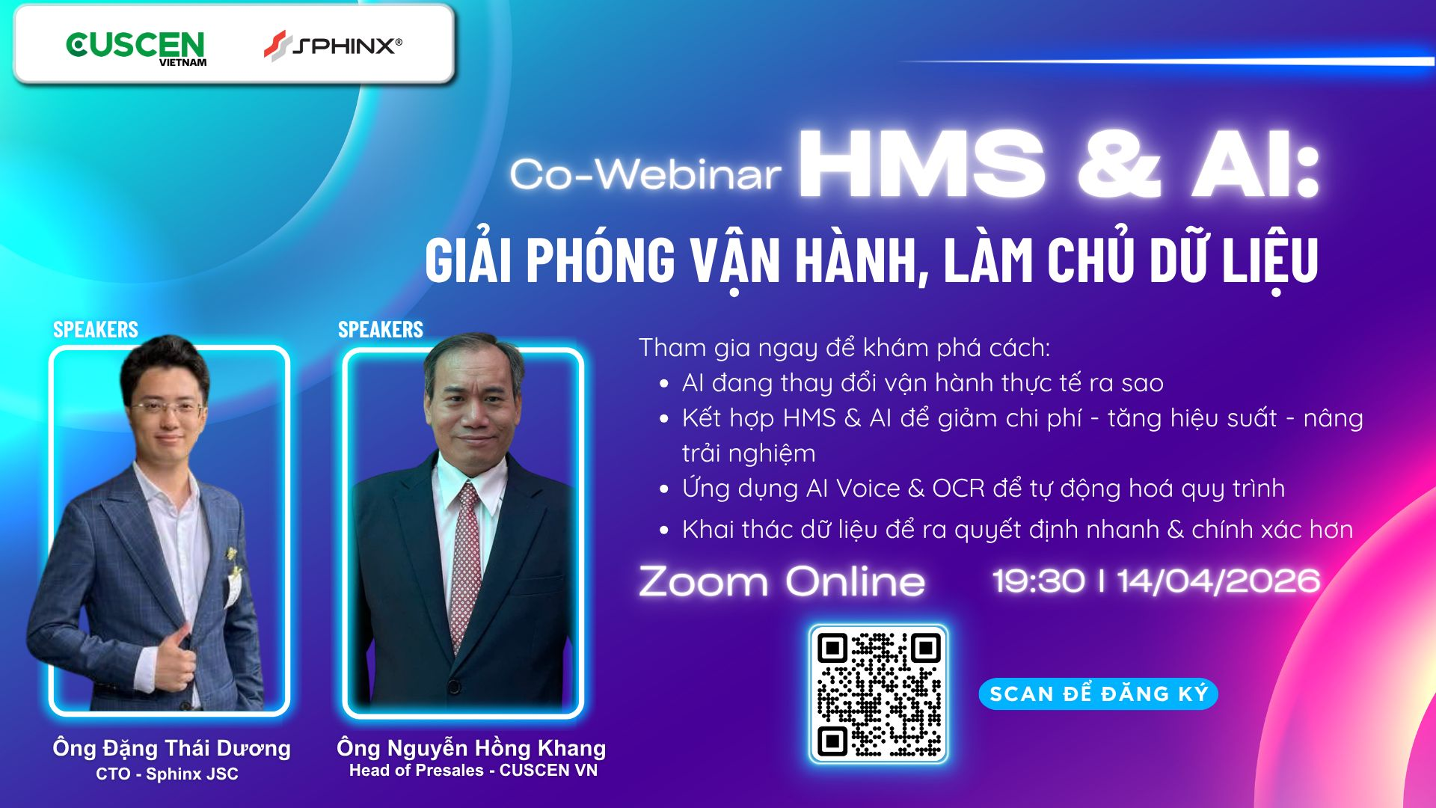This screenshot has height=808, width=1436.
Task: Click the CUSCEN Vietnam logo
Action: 135,48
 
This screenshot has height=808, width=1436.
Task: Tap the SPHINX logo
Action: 333,46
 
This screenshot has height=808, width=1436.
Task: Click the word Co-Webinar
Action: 645,174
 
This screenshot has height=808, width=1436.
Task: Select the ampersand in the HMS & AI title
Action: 1119,165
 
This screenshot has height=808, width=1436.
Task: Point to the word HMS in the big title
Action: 922,165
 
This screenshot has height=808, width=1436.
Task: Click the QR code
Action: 879,694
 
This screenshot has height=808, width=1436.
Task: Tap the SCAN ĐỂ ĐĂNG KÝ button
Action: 1098,694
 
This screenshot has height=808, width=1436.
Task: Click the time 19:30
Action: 1038,581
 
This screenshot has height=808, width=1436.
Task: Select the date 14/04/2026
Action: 1218,581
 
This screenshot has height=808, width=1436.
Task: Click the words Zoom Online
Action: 782,581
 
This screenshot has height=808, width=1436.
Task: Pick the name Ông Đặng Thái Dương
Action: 171,748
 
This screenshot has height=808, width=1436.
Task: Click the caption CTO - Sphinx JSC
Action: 167,774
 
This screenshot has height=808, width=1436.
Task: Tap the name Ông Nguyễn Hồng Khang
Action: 471,748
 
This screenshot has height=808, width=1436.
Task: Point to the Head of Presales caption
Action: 473,771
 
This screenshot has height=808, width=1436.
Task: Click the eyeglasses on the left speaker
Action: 166,408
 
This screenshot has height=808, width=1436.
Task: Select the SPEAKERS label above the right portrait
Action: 380,329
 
